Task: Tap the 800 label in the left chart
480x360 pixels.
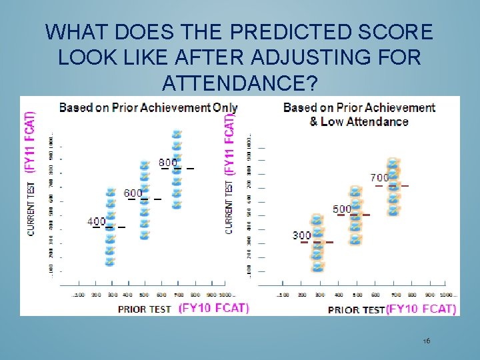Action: (x=167, y=162)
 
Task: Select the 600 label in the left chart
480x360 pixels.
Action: (x=133, y=193)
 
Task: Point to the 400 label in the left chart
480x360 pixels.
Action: (x=97, y=221)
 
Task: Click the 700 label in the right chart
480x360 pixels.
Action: (x=379, y=178)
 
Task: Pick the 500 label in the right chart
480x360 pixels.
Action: (x=342, y=209)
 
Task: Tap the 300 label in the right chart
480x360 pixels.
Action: (x=301, y=235)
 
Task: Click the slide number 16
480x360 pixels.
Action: (x=427, y=341)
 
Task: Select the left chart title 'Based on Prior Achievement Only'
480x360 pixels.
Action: (x=148, y=107)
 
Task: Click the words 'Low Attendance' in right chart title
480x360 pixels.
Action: (x=365, y=121)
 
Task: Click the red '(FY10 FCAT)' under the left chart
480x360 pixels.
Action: (x=213, y=308)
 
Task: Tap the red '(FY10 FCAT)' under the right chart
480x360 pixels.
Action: (x=421, y=309)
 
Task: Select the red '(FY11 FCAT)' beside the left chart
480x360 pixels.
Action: (x=31, y=142)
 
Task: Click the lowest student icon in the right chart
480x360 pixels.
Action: (x=318, y=267)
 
